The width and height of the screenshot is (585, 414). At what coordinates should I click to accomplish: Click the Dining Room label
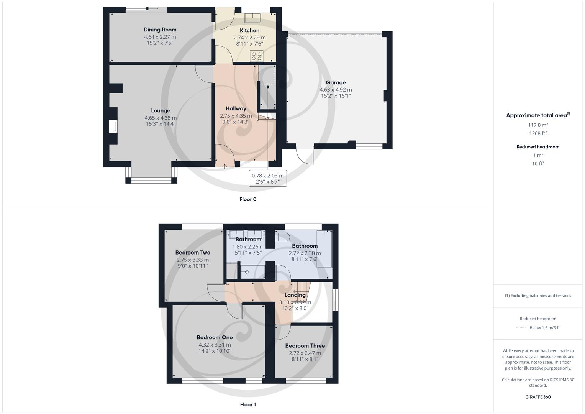coord(160,30)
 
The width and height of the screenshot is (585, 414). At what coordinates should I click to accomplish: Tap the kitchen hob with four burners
coord(256,56)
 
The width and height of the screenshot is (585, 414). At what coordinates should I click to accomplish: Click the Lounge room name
coord(161,110)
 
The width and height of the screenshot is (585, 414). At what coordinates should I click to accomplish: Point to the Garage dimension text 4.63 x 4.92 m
coord(336,90)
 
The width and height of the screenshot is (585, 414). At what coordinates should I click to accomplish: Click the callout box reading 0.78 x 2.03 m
coord(267,179)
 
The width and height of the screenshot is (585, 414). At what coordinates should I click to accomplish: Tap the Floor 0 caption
coord(247,199)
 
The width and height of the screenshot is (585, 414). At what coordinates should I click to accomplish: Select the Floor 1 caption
coord(247,404)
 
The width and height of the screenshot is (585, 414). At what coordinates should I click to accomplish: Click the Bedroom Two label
coord(193,252)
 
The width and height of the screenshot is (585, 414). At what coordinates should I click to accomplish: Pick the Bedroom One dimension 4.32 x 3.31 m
coord(215,345)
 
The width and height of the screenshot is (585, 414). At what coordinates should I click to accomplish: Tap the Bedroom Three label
coord(305,345)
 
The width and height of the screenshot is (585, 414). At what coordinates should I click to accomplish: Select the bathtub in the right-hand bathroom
coord(324,248)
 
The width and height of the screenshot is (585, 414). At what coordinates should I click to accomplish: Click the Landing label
coord(295,295)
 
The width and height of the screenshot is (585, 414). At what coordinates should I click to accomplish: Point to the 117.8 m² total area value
coord(538,125)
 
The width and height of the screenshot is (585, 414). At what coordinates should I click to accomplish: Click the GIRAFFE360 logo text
coord(538,397)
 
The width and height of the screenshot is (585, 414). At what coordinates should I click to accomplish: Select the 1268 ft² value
coord(538,133)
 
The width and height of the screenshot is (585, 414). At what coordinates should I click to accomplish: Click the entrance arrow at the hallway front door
coord(224,166)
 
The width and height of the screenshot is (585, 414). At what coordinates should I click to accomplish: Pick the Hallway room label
coord(236,108)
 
